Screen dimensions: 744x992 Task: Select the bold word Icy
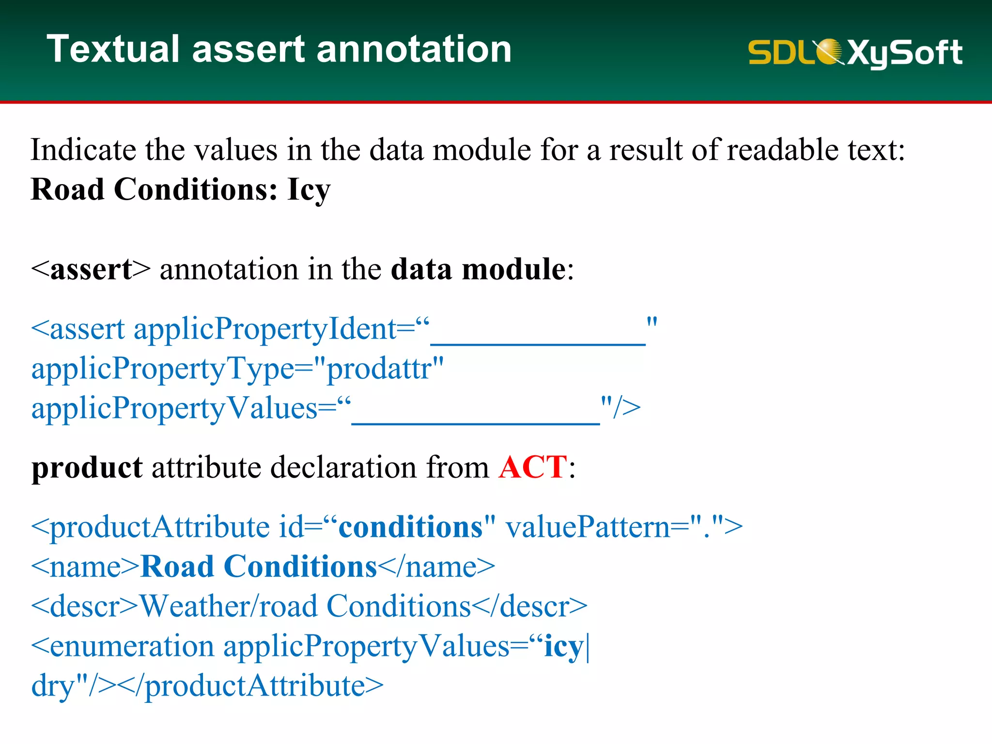[309, 189]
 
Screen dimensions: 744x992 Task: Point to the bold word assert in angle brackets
[91, 269]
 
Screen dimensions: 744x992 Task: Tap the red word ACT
[532, 467]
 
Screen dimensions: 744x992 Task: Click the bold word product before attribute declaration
[87, 468]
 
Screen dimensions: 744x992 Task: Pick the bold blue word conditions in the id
[410, 527]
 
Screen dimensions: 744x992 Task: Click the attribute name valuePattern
[588, 527]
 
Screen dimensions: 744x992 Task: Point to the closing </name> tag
[436, 567]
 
